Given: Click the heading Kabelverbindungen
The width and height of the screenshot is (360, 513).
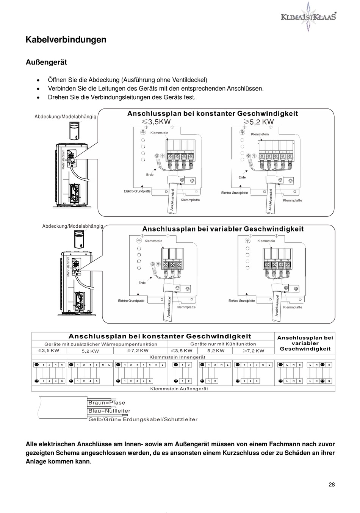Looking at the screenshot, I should click(66, 40).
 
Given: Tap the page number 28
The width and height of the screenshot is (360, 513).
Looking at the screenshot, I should click(332, 484).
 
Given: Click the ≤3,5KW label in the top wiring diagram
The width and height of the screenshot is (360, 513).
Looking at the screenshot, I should click(157, 122).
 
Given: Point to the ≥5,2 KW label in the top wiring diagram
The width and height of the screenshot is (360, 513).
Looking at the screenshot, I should click(258, 122).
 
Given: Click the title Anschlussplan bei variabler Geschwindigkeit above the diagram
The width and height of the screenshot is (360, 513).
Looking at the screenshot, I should click(223, 229).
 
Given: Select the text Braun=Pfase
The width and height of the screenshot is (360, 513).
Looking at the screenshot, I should click(106, 403).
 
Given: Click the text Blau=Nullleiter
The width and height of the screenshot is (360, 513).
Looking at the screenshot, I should click(109, 411).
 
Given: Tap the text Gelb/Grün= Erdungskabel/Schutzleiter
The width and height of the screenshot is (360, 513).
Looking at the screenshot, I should click(143, 419).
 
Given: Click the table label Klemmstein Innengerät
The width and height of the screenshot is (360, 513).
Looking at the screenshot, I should click(177, 357).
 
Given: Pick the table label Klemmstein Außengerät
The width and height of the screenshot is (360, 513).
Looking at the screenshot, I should click(179, 388).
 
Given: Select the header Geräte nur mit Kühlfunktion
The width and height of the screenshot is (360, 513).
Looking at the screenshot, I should click(223, 344).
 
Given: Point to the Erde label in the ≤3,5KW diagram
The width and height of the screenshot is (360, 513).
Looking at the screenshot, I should click(150, 175).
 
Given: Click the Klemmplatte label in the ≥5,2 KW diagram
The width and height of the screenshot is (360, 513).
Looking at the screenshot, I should click(293, 200).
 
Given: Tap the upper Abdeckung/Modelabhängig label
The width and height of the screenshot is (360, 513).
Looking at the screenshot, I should click(65, 117).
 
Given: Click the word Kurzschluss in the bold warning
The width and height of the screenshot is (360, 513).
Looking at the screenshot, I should click(239, 453).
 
